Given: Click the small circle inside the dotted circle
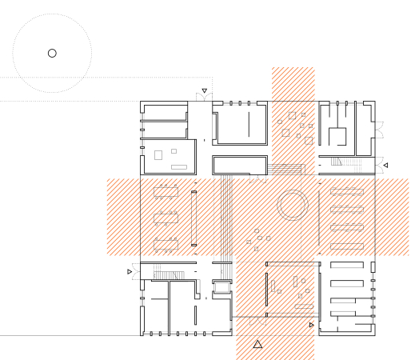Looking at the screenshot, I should point(52,53).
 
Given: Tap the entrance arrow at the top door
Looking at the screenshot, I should point(205,91).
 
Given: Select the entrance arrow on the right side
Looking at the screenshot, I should point(385,166).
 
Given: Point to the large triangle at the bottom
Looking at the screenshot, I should point(257,345).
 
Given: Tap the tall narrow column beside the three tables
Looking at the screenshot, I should point(194,218).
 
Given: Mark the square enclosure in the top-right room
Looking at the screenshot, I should point(338,138).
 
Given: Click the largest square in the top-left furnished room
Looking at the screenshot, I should point(158,152).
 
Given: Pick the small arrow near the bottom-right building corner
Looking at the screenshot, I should point(311,326).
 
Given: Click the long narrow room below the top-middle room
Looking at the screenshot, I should point(239,165).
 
